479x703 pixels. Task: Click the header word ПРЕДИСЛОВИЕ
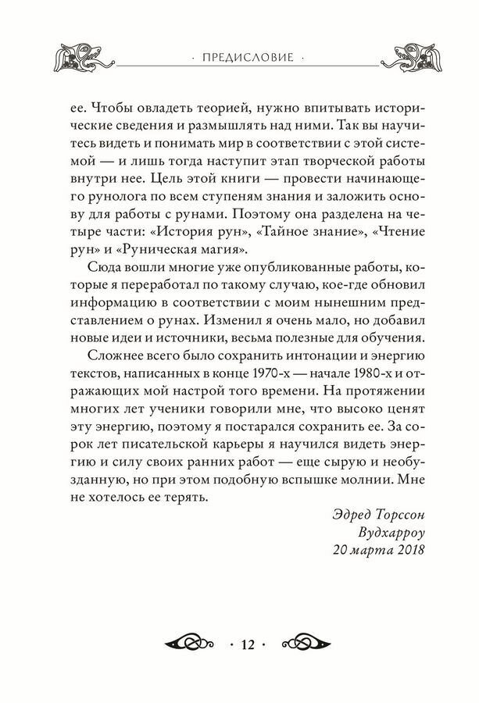pos(239,57)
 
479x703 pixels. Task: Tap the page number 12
pos(248,644)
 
